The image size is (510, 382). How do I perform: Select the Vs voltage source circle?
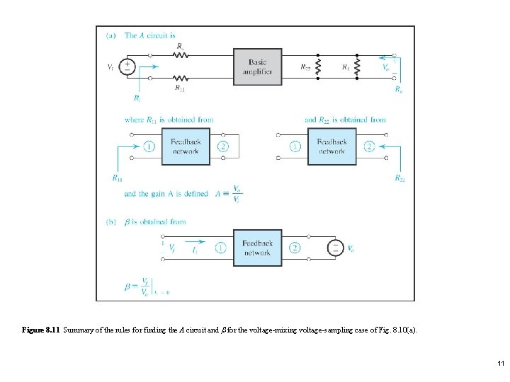[127, 67]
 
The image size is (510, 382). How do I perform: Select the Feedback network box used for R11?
[186, 146]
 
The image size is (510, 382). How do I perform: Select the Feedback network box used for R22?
[331, 146]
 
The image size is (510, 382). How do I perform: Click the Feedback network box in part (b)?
[257, 248]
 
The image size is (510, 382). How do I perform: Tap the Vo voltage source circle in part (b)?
[332, 248]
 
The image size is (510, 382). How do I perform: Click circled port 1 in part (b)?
[220, 248]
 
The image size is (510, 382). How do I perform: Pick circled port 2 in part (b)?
[295, 248]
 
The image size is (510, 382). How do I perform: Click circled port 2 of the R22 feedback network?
[369, 146]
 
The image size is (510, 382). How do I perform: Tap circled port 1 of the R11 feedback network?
[149, 146]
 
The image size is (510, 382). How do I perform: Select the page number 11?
[500, 364]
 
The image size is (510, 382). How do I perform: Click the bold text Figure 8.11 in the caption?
[42, 330]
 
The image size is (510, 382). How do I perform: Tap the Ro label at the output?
[399, 90]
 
